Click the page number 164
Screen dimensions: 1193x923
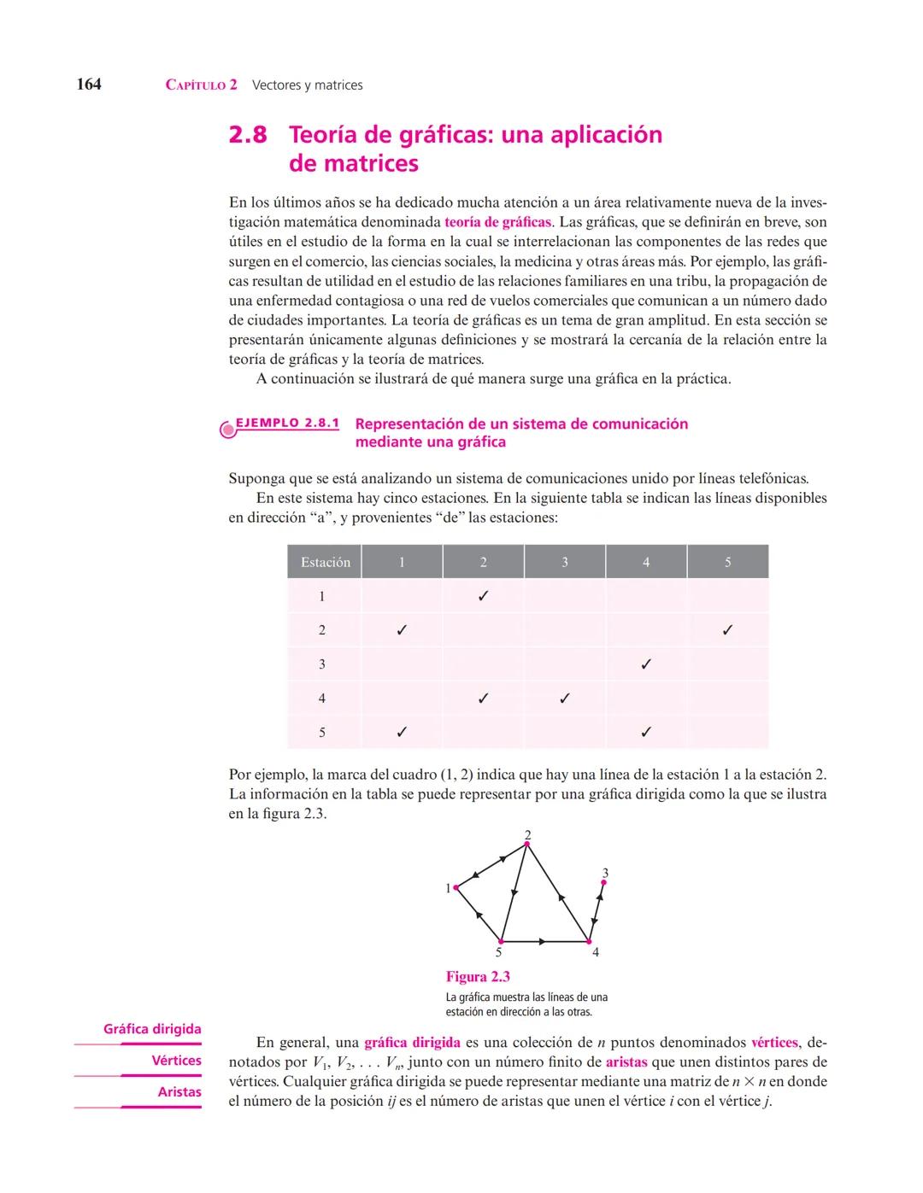(89, 84)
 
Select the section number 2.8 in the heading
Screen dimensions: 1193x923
(248, 135)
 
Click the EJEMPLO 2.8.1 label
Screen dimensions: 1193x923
(287, 424)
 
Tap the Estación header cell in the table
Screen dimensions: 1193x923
(325, 562)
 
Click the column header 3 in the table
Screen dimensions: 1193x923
(564, 562)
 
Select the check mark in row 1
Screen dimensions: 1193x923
(483, 596)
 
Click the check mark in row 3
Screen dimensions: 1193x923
(646, 664)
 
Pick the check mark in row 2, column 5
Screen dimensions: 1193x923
(727, 630)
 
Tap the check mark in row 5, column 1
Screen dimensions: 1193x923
(402, 732)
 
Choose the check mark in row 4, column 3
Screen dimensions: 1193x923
(564, 698)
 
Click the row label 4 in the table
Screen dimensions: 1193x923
(322, 698)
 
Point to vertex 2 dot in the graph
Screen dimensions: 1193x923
(527, 844)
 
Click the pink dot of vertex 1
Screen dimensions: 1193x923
(456, 887)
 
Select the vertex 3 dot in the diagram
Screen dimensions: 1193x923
(603, 883)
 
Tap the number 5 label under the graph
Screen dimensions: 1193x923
(499, 952)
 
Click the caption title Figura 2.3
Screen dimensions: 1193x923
(478, 977)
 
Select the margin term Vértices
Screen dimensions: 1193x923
(176, 1061)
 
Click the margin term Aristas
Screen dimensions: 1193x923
(179, 1092)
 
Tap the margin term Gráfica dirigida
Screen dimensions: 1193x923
(152, 1029)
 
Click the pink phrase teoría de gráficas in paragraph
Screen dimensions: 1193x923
(497, 222)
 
